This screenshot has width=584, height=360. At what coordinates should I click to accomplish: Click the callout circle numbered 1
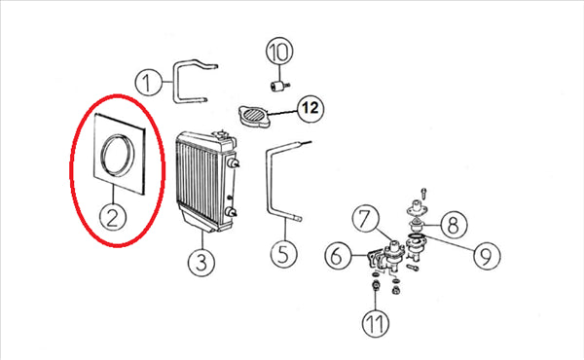tap(148, 83)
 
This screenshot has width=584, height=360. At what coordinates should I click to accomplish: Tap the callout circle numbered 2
tap(113, 217)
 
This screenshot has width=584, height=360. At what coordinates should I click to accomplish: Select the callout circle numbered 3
tap(201, 263)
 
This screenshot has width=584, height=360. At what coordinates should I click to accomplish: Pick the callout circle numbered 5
tap(284, 254)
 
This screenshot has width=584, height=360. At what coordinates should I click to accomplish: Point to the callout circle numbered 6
tap(338, 256)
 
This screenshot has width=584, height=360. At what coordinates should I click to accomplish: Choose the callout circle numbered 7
tap(366, 219)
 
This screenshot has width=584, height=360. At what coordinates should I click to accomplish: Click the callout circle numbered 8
tap(454, 225)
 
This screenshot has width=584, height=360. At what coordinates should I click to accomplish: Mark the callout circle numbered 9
tap(487, 255)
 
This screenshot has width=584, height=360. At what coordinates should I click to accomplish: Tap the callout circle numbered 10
tap(279, 52)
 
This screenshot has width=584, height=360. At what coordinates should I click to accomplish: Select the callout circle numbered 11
tap(376, 323)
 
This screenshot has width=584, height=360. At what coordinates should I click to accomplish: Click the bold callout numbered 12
tap(310, 108)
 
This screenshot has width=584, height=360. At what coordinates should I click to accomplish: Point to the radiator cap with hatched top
tap(254, 116)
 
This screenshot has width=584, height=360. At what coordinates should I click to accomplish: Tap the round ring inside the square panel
tap(117, 155)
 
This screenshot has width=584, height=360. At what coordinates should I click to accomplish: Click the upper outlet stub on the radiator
tap(235, 163)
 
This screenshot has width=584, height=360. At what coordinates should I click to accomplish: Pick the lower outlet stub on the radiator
tap(232, 212)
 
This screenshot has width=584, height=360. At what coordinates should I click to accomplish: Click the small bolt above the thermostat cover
tap(423, 194)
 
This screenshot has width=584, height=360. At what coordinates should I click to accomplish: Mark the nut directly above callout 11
tap(375, 286)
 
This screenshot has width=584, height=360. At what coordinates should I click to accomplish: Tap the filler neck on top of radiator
tap(221, 134)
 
